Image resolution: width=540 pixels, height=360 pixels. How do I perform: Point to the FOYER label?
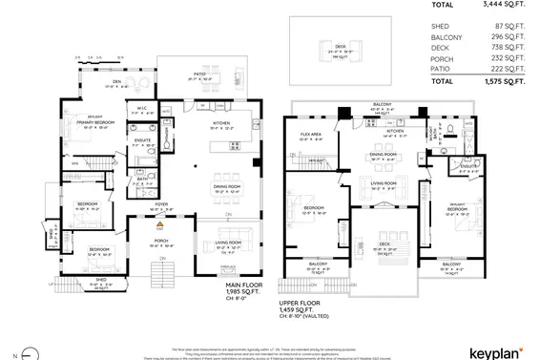tap(161, 202)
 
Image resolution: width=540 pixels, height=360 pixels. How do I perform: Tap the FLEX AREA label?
tap(310, 135)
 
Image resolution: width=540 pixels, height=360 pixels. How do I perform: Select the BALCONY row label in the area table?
tap(447, 37)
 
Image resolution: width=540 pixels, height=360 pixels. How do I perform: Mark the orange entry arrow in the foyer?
tap(160, 224)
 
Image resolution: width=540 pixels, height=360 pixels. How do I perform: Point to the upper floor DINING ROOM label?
tap(383, 153)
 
